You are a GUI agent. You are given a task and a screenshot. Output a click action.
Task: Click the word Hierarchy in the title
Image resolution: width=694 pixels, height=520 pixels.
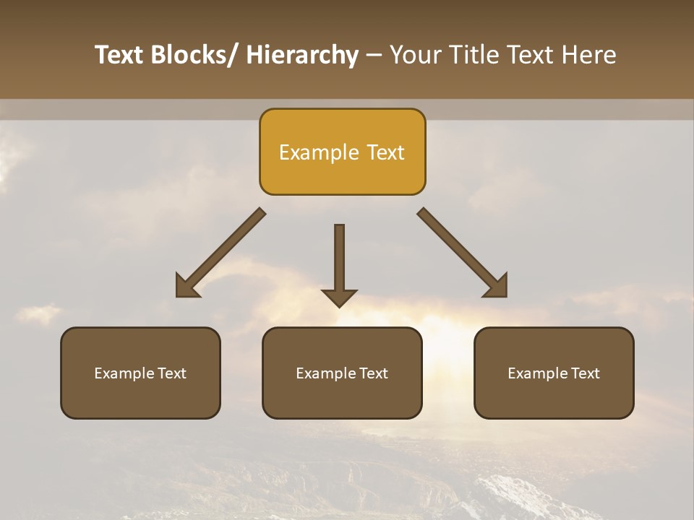coord(302,55)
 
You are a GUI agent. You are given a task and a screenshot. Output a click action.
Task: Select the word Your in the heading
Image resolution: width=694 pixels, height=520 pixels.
coord(414,55)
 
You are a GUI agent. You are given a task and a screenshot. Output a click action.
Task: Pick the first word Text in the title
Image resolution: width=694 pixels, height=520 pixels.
coord(120,55)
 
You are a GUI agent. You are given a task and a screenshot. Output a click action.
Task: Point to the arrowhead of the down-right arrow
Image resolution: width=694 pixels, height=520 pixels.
coord(497,287)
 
